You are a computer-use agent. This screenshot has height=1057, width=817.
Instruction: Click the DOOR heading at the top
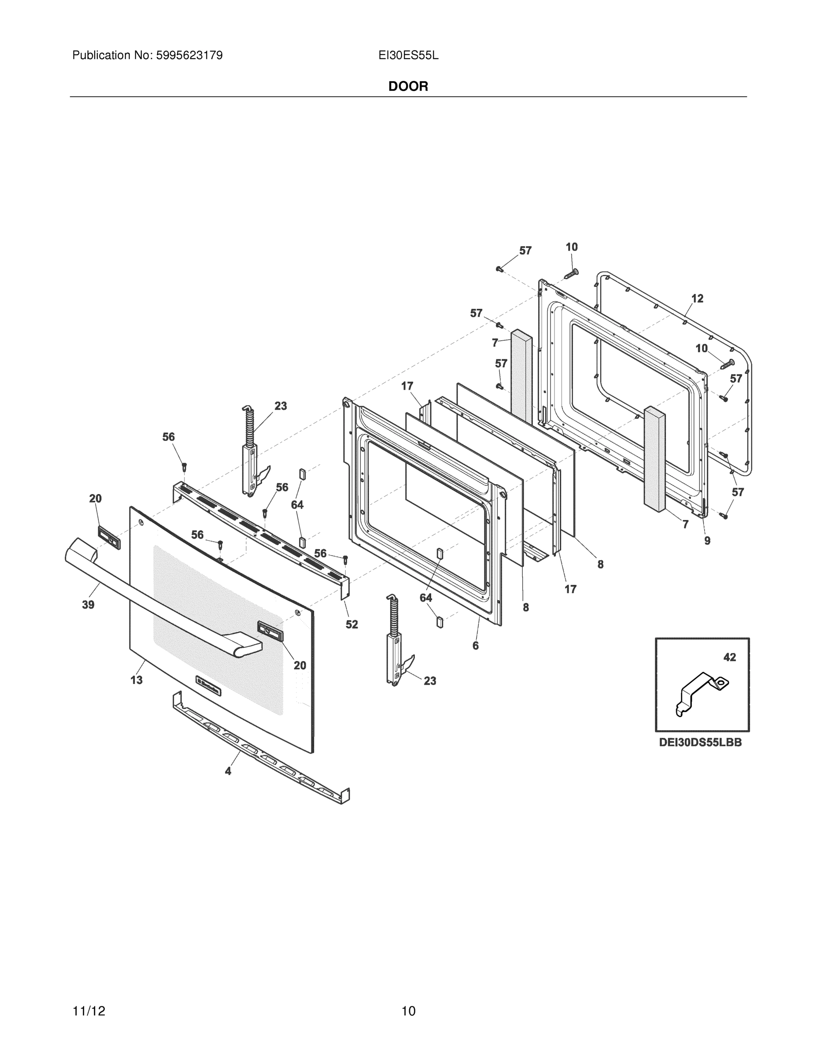click(408, 87)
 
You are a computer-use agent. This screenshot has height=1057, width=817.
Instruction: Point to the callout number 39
click(88, 605)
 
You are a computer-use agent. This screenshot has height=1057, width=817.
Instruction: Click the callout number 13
click(137, 680)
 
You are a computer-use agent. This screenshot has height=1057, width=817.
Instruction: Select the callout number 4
click(228, 771)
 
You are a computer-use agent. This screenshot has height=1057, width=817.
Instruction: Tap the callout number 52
click(352, 625)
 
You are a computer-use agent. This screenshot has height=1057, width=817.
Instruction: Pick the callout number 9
click(707, 540)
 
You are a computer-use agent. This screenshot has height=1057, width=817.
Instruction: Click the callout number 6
click(475, 645)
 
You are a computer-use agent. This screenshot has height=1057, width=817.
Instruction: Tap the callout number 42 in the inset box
click(729, 657)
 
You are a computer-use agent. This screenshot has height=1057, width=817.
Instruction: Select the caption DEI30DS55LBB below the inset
click(700, 742)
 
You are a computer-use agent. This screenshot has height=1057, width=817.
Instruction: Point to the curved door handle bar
click(160, 605)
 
